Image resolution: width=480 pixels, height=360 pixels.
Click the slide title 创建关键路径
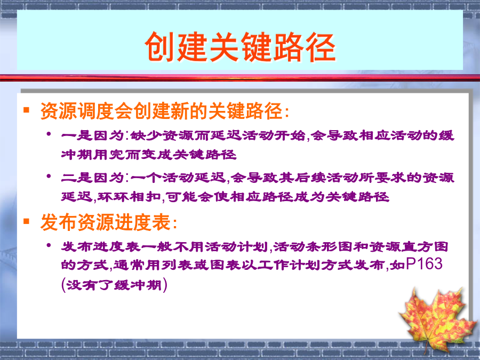[241, 47]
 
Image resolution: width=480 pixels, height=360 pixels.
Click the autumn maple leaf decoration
[437, 319]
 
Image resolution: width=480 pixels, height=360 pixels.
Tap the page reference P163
[424, 264]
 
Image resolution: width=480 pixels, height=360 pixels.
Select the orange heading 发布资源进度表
[105, 222]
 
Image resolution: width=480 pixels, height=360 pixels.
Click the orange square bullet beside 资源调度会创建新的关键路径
[26, 109]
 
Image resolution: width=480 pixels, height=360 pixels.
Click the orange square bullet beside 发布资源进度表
[26, 221]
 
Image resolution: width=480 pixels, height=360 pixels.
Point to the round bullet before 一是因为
[49, 134]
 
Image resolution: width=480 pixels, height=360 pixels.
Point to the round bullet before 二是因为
[49, 176]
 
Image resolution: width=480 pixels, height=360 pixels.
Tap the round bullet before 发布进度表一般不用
[49, 245]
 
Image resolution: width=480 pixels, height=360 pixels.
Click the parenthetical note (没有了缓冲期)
[114, 285]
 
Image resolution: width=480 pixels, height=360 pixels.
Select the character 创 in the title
[160, 47]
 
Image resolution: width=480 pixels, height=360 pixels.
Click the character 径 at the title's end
[321, 47]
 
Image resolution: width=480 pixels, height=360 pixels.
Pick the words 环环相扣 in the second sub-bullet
[129, 197]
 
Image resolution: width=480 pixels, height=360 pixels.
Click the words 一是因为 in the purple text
[92, 135]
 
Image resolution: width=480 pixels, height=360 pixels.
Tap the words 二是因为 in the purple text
[92, 178]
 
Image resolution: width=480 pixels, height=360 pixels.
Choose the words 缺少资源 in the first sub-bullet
[162, 135]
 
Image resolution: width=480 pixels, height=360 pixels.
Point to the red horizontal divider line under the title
[240, 77]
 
